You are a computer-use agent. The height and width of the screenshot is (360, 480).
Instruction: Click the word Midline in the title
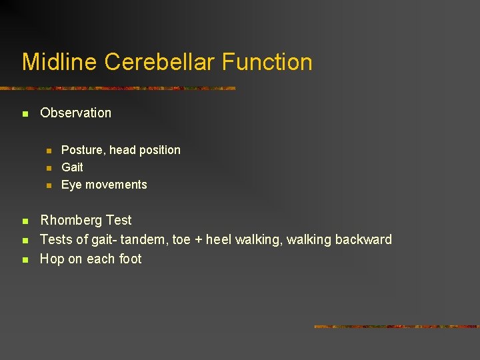pyautogui.click(x=60, y=62)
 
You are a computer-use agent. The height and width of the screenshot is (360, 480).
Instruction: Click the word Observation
pyautogui.click(x=75, y=113)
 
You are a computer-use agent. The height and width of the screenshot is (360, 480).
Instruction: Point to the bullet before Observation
pyautogui.click(x=25, y=114)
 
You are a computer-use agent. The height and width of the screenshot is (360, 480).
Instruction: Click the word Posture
pyautogui.click(x=82, y=150)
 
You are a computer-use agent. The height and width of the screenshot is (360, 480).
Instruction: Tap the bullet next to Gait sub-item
pyautogui.click(x=48, y=168)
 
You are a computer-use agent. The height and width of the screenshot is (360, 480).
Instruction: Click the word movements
pyautogui.click(x=115, y=185)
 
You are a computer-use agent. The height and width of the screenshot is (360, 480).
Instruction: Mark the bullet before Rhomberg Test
pyautogui.click(x=25, y=221)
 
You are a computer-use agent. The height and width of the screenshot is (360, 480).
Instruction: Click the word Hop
pyautogui.click(x=51, y=259)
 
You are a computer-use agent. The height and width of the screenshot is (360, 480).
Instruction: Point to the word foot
pyautogui.click(x=130, y=259)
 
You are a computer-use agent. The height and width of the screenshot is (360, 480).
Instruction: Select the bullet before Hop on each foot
pyautogui.click(x=25, y=260)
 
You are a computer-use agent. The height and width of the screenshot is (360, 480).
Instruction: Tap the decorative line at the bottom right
pyautogui.click(x=396, y=327)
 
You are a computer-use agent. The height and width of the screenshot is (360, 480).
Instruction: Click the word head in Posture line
pyautogui.click(x=122, y=150)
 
